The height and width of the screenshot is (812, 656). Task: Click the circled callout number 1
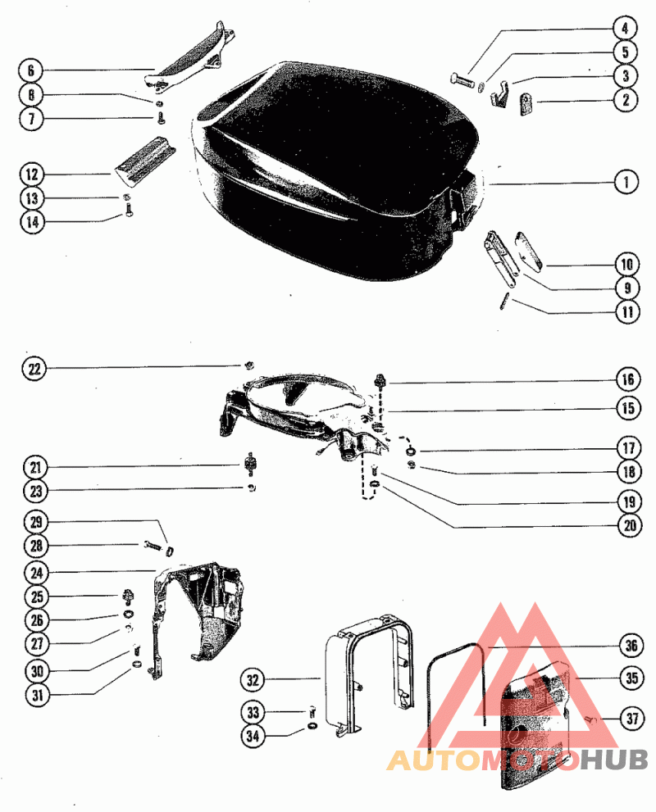tap(626, 182)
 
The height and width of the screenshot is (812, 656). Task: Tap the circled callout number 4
tap(625, 28)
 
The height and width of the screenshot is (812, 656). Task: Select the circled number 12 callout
tap(32, 174)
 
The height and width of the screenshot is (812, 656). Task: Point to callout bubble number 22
tap(34, 370)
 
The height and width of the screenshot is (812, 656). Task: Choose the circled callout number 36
tap(631, 646)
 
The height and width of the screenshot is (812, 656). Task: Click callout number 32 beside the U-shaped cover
tap(253, 679)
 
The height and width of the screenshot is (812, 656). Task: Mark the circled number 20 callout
tap(630, 525)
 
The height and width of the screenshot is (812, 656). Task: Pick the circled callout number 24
tap(36, 573)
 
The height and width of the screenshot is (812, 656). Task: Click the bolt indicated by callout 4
tap(462, 80)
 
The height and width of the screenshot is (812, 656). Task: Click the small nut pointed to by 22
tap(248, 365)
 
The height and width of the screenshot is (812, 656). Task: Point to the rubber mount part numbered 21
tap(251, 464)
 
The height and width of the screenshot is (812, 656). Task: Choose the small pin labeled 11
tap(505, 302)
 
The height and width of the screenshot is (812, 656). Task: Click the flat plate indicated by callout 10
tap(530, 251)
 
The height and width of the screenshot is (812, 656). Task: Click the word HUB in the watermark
tap(614, 760)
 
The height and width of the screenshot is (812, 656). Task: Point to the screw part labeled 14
tap(128, 210)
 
